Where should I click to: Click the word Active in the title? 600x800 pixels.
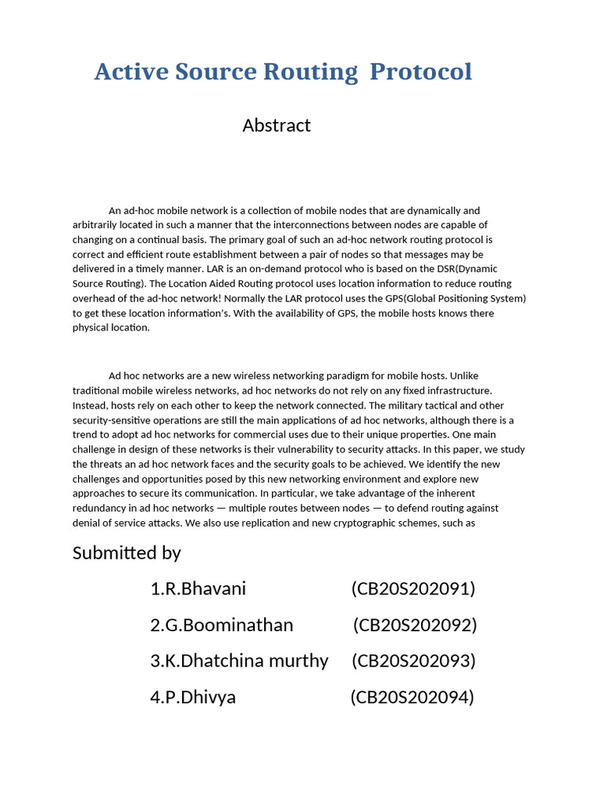coord(127,72)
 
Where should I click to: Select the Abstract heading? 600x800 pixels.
coord(277,125)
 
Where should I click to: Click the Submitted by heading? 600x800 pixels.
coord(127,553)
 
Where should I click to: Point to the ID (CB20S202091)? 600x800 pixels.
coord(413,589)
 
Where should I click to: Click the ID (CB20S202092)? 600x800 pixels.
coord(415,625)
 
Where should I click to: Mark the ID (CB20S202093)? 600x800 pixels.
coord(413,661)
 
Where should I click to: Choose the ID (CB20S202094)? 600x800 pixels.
coord(412,697)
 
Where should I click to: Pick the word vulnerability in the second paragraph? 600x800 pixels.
coord(312,449)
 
